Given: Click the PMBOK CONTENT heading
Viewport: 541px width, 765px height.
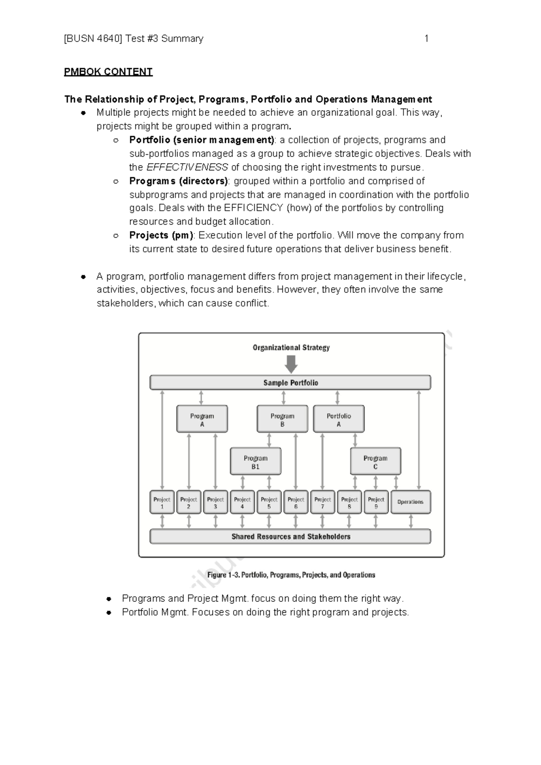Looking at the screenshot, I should click(x=108, y=72).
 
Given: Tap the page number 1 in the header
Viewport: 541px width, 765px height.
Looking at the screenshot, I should click(x=426, y=39).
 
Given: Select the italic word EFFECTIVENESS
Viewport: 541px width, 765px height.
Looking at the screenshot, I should click(x=187, y=167).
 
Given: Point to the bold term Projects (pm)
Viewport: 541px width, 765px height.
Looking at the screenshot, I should click(x=161, y=235).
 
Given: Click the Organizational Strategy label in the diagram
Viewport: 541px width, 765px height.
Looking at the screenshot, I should click(x=291, y=348).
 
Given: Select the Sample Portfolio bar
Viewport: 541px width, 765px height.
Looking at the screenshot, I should click(x=290, y=383).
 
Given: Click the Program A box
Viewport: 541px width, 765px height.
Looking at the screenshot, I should click(x=202, y=419).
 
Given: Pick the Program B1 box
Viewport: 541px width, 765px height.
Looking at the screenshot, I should click(x=255, y=462).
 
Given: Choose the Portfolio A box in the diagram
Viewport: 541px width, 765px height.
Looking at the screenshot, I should click(x=339, y=419).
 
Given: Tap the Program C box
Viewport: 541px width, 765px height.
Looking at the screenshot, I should click(x=375, y=462).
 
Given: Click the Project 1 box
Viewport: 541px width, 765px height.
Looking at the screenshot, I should click(x=162, y=502).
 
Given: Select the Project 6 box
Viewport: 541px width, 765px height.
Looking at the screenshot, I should click(x=296, y=502).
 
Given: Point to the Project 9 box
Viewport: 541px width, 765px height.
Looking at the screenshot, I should click(x=376, y=502).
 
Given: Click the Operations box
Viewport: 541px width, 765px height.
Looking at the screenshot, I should click(x=410, y=502).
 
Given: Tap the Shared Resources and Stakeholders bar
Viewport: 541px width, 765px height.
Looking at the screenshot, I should click(x=290, y=536).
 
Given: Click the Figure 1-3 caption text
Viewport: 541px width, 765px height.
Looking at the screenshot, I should click(x=291, y=575).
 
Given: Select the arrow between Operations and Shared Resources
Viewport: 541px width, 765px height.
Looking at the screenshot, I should click(x=410, y=522).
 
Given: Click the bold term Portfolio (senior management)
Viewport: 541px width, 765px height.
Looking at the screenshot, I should click(x=202, y=140).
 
